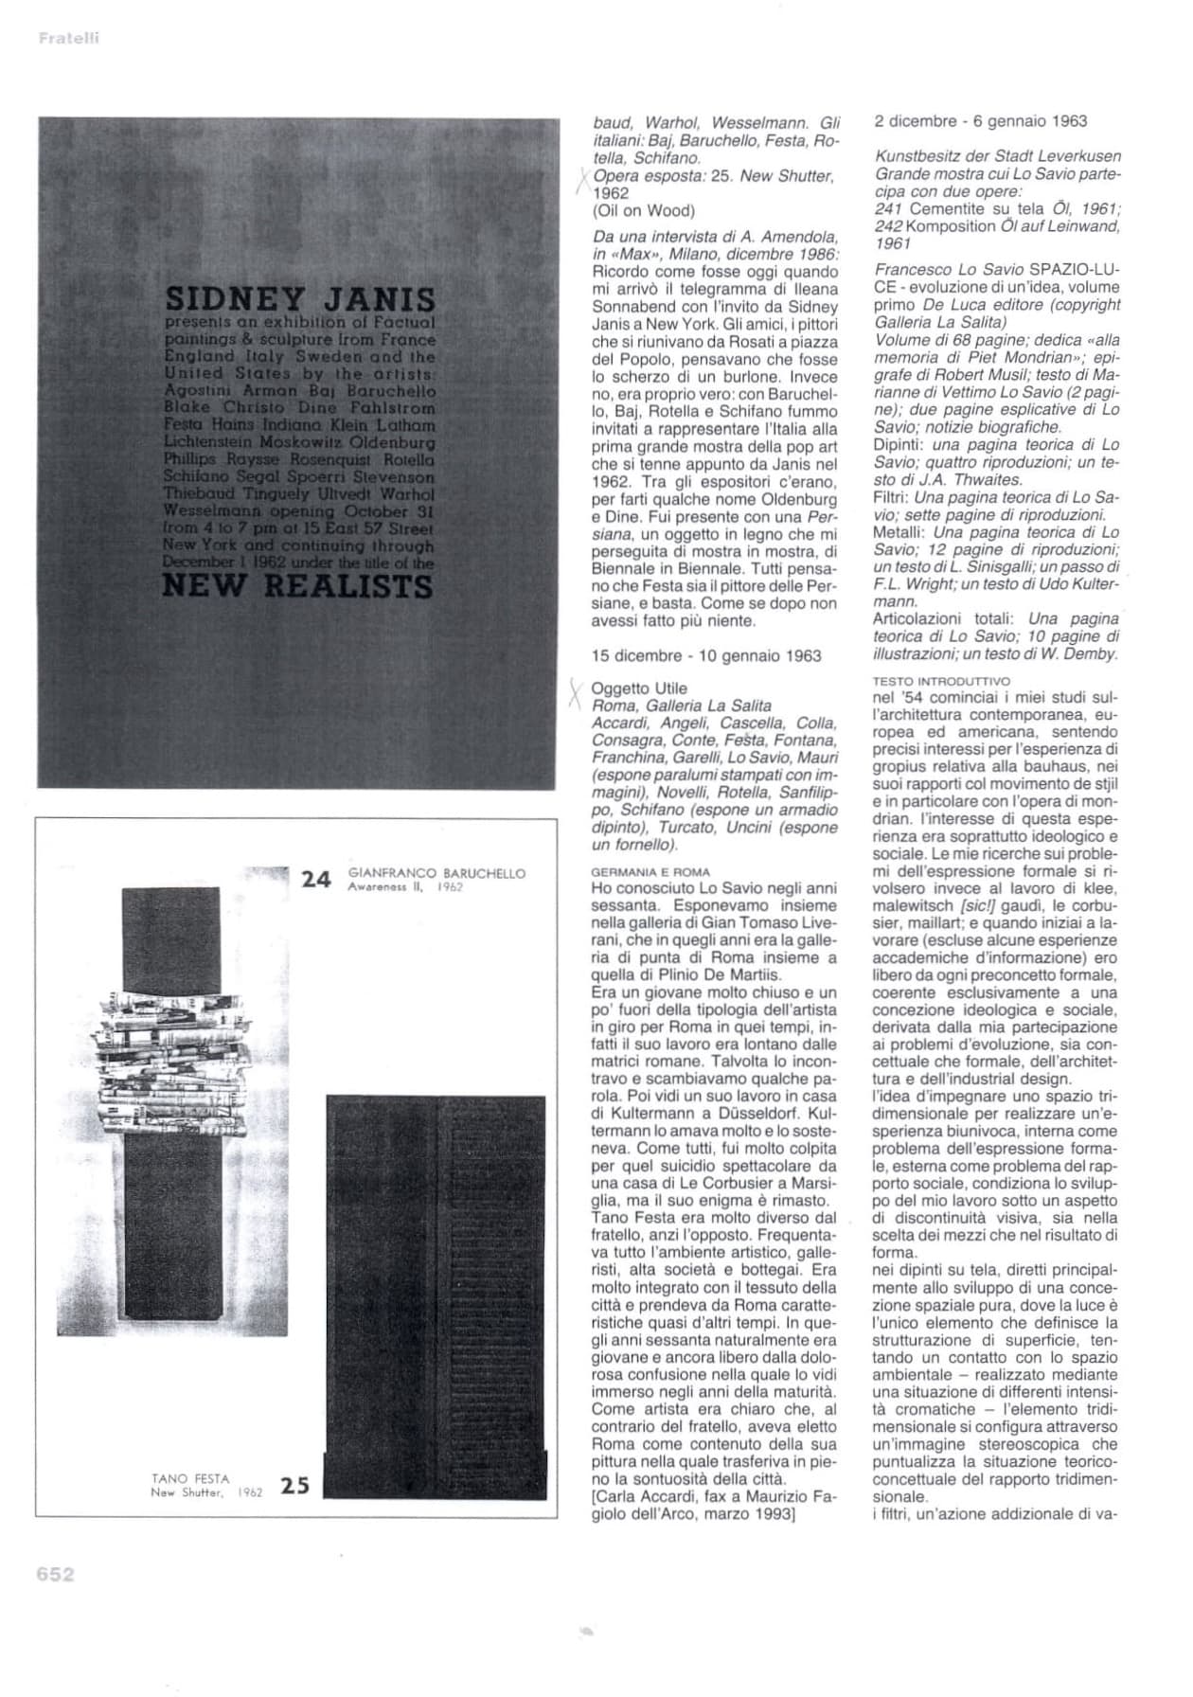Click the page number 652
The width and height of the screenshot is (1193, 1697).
coord(55,1574)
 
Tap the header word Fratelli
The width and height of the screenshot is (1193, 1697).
coord(69,39)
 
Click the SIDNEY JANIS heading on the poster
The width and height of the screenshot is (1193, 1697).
coord(300,300)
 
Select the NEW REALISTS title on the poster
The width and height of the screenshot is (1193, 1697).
coord(297,586)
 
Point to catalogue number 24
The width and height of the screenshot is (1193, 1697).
coord(316,880)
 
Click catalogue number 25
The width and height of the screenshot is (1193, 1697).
coord(295,1486)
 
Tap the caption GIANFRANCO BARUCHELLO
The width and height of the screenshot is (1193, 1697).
coord(436,873)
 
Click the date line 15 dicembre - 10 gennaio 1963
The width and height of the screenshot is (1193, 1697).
coord(706,655)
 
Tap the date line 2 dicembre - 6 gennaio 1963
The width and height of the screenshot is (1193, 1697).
coord(980,121)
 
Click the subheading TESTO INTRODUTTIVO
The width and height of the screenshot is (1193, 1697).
coord(941,681)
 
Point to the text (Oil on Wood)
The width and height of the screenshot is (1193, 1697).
coord(643,210)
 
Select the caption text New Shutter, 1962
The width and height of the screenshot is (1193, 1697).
coord(206,1493)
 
